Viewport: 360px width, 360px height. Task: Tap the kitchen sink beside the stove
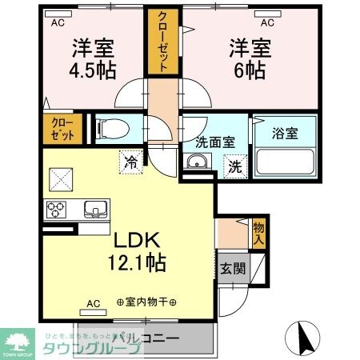pos(95,210)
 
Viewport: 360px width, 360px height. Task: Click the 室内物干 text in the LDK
pos(148,304)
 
